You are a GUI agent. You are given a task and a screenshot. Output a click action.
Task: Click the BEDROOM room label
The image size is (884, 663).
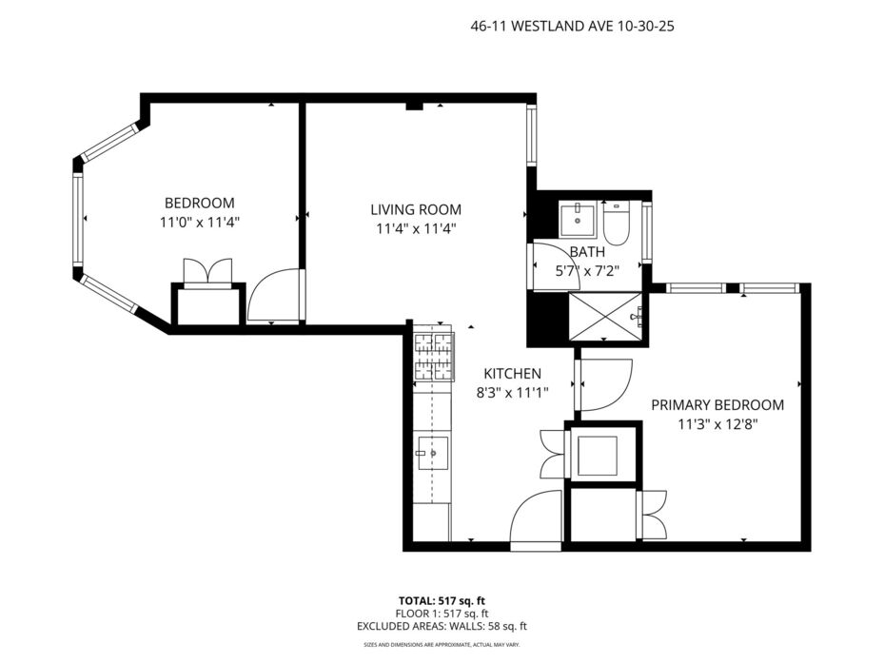[x=200, y=203]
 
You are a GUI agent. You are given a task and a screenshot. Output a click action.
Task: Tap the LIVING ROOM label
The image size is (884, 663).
[x=416, y=209]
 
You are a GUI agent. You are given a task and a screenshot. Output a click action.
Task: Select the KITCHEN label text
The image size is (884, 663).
[x=513, y=373]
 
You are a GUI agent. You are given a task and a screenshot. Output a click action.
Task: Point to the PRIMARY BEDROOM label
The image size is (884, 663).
[x=717, y=405]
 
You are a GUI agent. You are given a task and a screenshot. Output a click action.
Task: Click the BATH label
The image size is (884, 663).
[x=587, y=251]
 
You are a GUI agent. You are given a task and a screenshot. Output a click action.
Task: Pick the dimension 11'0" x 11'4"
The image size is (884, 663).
[x=200, y=223]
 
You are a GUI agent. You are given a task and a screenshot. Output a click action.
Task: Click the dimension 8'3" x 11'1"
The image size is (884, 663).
[x=513, y=393]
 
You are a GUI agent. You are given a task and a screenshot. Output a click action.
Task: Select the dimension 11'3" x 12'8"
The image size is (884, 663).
[x=717, y=424]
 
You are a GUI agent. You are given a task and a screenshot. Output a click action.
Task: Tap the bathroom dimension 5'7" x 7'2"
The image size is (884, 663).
[x=587, y=270]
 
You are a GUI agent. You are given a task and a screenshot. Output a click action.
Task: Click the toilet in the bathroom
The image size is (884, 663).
[x=615, y=224]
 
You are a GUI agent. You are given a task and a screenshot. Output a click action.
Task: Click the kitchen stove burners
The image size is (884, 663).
[x=434, y=357]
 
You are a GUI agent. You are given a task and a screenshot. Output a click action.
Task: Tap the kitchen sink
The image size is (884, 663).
[x=432, y=453]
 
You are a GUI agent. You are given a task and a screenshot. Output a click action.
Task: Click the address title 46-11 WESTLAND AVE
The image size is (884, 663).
[x=538, y=26]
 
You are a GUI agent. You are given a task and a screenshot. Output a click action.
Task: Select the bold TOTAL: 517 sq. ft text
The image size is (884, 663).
[x=442, y=600]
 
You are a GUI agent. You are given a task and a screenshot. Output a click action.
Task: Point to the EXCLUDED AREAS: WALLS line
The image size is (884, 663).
[x=442, y=626]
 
